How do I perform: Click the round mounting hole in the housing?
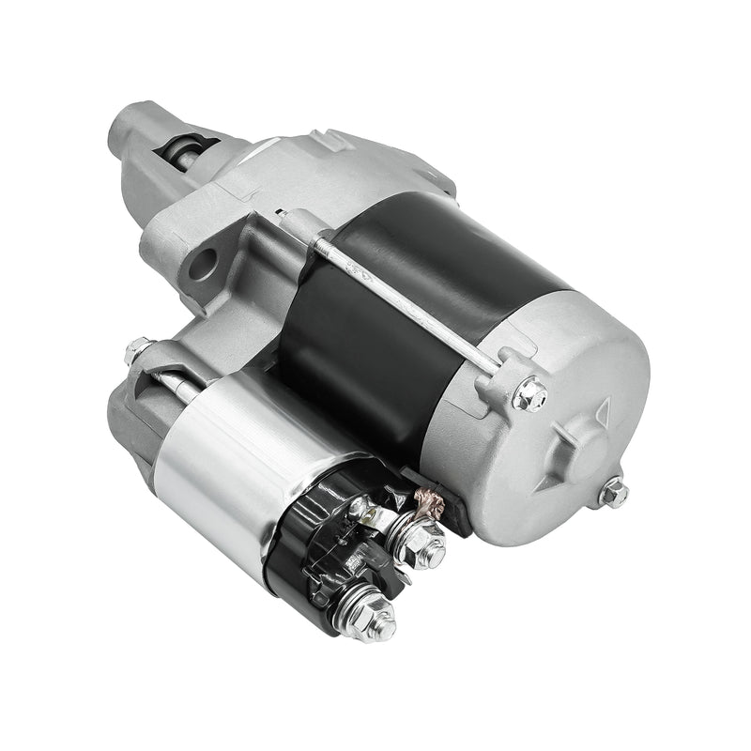pyautogui.click(x=203, y=265)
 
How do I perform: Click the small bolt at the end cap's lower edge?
pyautogui.click(x=613, y=491)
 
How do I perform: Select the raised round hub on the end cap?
pyautogui.click(x=580, y=449)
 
